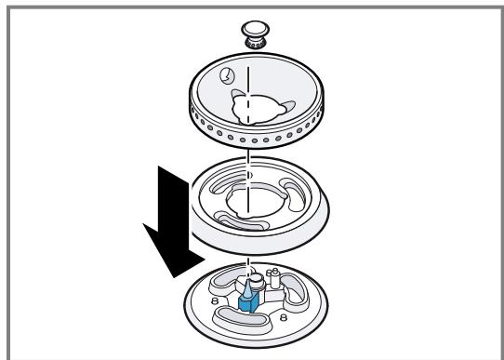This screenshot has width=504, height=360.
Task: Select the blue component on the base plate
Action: [248, 300]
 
